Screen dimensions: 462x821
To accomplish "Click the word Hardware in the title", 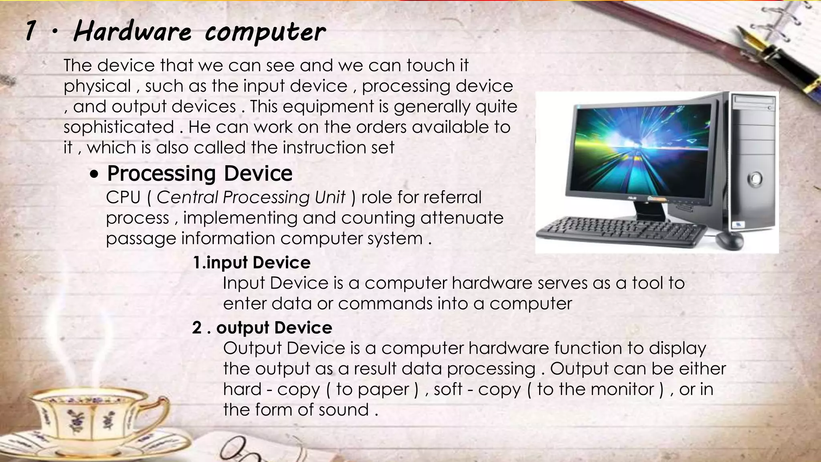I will [x=133, y=32].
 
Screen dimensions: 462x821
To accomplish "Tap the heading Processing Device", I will [x=200, y=173].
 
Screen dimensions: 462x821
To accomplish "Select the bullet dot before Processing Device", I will [x=94, y=175].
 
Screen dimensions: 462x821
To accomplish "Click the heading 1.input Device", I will [x=251, y=263].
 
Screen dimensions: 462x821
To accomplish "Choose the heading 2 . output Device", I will [x=262, y=328].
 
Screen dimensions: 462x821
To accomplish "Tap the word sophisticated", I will [x=119, y=127].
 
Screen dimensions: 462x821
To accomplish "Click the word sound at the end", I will [x=344, y=410].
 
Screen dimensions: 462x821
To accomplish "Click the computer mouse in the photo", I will [x=729, y=240].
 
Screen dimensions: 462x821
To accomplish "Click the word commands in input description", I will [x=385, y=304].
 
